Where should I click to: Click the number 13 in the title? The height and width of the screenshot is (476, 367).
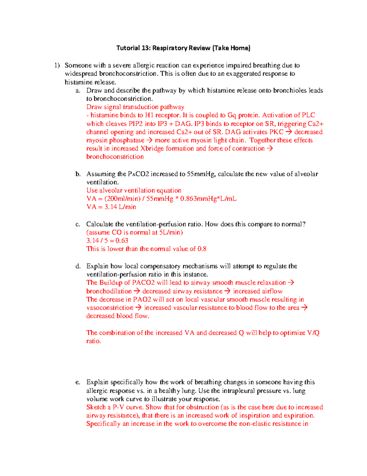pos(145,48)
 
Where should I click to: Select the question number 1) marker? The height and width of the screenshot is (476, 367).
pos(57,65)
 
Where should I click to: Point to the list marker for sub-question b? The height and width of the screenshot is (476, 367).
pos(78,174)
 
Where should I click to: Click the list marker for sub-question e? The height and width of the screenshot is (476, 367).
pos(78,382)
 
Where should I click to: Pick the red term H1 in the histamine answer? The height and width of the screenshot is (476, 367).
pos(149,115)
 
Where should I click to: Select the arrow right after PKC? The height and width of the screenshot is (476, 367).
pos(288,132)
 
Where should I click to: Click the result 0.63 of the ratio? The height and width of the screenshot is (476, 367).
pos(122,241)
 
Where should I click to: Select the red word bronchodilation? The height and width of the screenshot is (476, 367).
pos(109,291)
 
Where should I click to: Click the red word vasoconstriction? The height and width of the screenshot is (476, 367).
pos(110,308)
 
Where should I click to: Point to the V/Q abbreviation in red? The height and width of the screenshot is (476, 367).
pos(313,333)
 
